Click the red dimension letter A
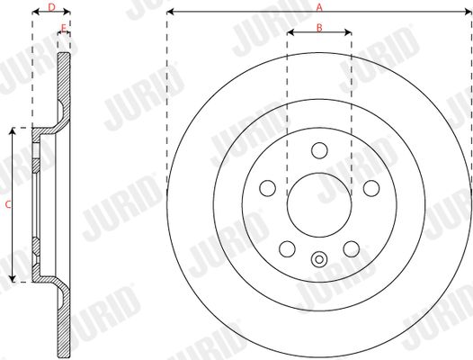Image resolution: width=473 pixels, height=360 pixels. pos(319,7)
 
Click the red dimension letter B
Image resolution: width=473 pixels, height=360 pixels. pos(319,28)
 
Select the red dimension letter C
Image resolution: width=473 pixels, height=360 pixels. pos(8,204)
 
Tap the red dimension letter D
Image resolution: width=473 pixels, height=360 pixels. pos(52,7)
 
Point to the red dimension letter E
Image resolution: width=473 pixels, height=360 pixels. pos(63,28)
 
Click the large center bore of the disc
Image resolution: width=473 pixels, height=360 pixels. pos(319,205)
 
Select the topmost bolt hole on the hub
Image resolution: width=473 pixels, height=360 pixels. pos(319,150)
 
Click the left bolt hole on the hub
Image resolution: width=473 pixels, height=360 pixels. pos(268,188)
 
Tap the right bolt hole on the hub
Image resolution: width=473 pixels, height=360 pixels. pos(371,188)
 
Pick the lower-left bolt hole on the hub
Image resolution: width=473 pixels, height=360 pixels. pos(287,249)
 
